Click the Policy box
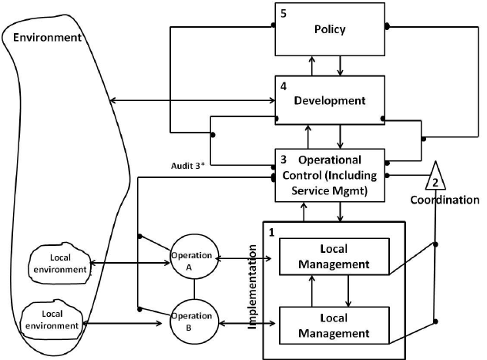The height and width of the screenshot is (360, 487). (x=329, y=29)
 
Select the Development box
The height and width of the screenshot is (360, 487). (x=329, y=101)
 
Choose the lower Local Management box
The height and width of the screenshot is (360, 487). (x=333, y=325)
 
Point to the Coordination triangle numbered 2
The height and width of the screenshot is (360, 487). (x=435, y=177)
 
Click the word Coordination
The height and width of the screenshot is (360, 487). (x=445, y=200)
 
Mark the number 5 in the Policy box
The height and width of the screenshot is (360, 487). (x=283, y=14)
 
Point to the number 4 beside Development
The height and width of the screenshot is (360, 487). (x=283, y=87)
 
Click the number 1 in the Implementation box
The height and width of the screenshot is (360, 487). (x=270, y=231)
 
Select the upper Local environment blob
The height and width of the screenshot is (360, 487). (x=58, y=264)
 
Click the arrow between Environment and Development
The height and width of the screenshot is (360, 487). (x=193, y=101)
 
